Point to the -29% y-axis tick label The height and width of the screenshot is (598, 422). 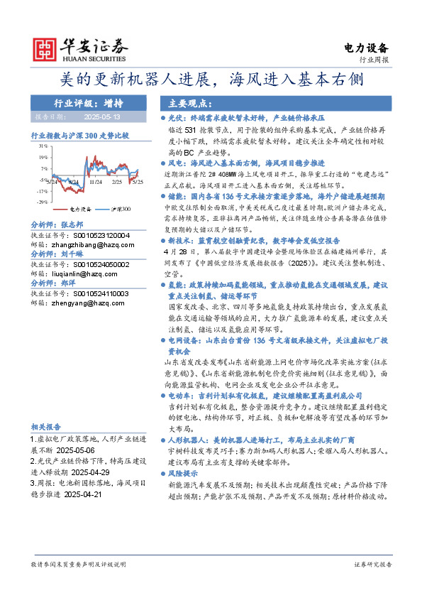[x=41, y=201]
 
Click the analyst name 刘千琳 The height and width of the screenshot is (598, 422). [x=71, y=253]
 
